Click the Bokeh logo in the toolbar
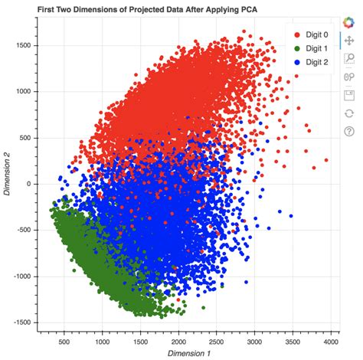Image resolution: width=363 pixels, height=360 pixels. tap(348, 23)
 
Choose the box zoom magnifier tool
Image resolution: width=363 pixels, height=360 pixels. tap(348, 58)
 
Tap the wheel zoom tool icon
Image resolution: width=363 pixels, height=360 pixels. tap(348, 77)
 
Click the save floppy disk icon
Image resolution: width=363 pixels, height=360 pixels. tap(348, 95)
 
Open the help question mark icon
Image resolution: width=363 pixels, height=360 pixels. tap(348, 131)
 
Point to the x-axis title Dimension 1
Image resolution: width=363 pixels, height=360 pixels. tap(188, 354)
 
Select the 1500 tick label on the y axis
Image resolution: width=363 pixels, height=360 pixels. tap(21, 45)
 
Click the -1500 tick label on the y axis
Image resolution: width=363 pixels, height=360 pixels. tap(19, 322)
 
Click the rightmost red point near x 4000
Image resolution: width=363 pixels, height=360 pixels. tap(325, 161)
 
